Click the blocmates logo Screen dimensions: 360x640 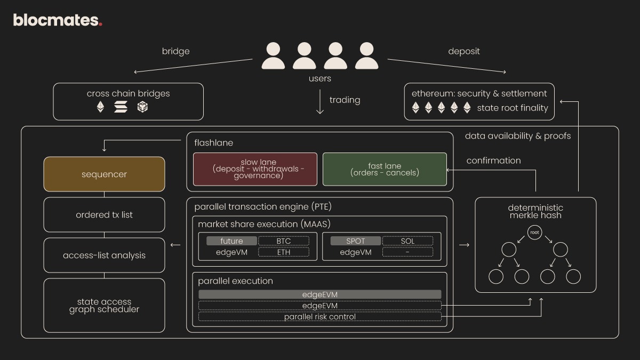[x=57, y=20]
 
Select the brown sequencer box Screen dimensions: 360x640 [x=104, y=174]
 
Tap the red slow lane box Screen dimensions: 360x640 [x=255, y=169]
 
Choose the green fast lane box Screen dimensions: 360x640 [x=385, y=169]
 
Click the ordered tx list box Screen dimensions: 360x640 [x=104, y=214]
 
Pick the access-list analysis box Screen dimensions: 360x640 [x=104, y=255]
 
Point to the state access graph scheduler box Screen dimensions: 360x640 [x=104, y=305]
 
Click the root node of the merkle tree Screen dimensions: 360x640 [x=535, y=232]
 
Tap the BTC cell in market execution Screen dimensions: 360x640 [x=283, y=241]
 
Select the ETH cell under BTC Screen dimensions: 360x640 [x=283, y=252]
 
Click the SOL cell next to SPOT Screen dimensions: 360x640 [x=407, y=241]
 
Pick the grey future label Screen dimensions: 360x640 [x=231, y=241]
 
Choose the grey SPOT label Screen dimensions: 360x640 [x=355, y=241]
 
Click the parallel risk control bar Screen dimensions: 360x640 [x=319, y=317]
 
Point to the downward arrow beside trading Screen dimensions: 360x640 [x=320, y=102]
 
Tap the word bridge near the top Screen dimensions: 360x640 [x=175, y=51]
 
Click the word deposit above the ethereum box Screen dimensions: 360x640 [x=463, y=51]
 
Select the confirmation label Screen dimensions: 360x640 [x=493, y=161]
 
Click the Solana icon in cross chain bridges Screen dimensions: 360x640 [x=121, y=107]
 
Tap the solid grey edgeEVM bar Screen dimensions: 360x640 [x=319, y=294]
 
